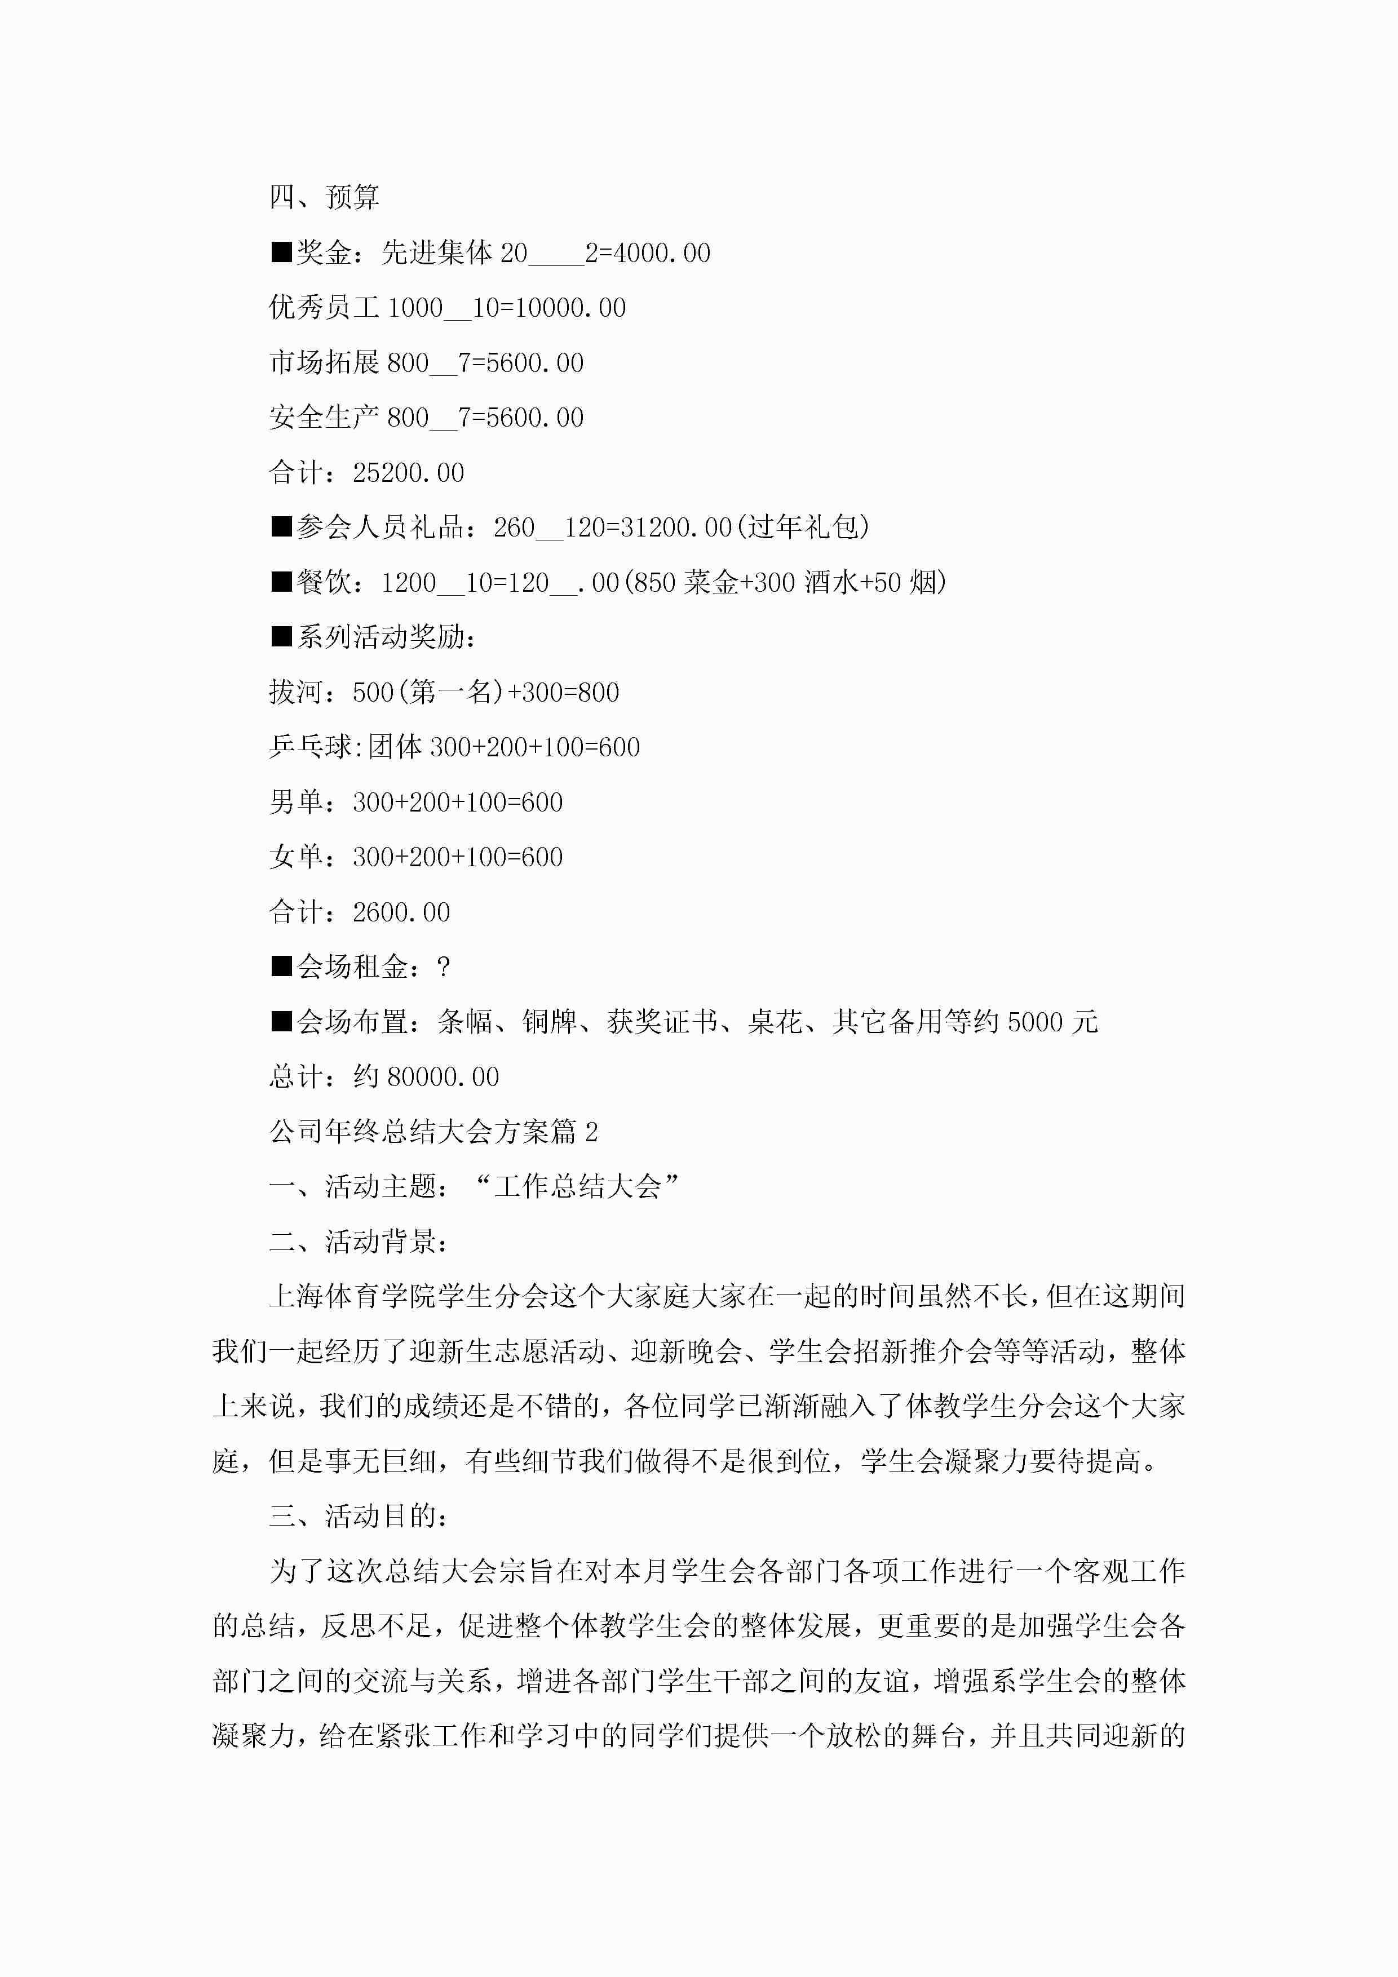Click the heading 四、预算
coord(324,197)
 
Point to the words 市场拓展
coord(324,362)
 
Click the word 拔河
coord(297,692)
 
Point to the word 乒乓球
coord(310,747)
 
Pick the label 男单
coord(297,801)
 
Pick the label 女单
coord(297,857)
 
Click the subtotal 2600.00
coord(401,912)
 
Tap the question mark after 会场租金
coord(444,967)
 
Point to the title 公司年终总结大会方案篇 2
coord(433,1132)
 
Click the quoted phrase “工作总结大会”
coord(577,1186)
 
